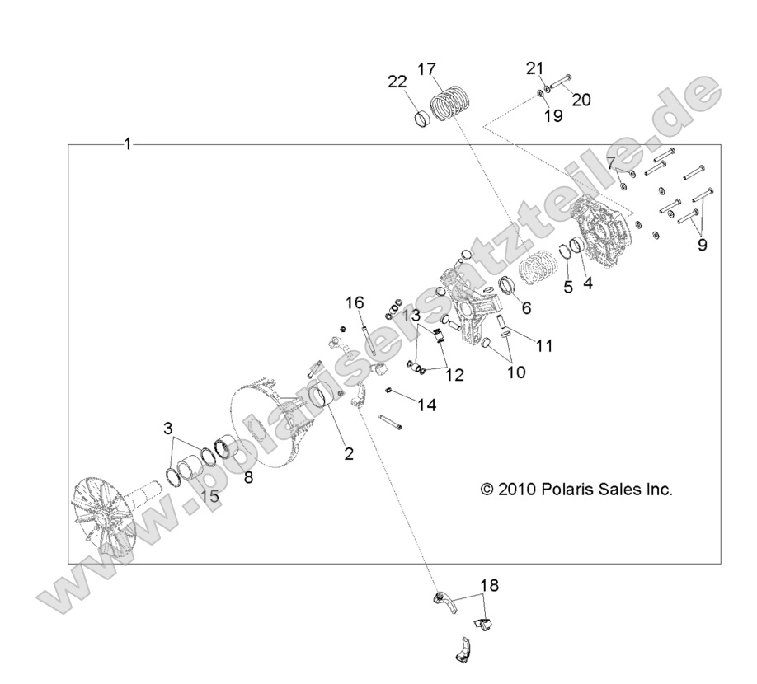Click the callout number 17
point(427,69)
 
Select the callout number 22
point(397,82)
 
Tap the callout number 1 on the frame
point(128,143)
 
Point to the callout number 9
point(702,245)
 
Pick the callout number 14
point(427,405)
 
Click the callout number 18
point(489,585)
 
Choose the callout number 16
point(355,303)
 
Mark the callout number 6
point(526,307)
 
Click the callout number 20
point(581,100)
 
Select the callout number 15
point(210,495)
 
